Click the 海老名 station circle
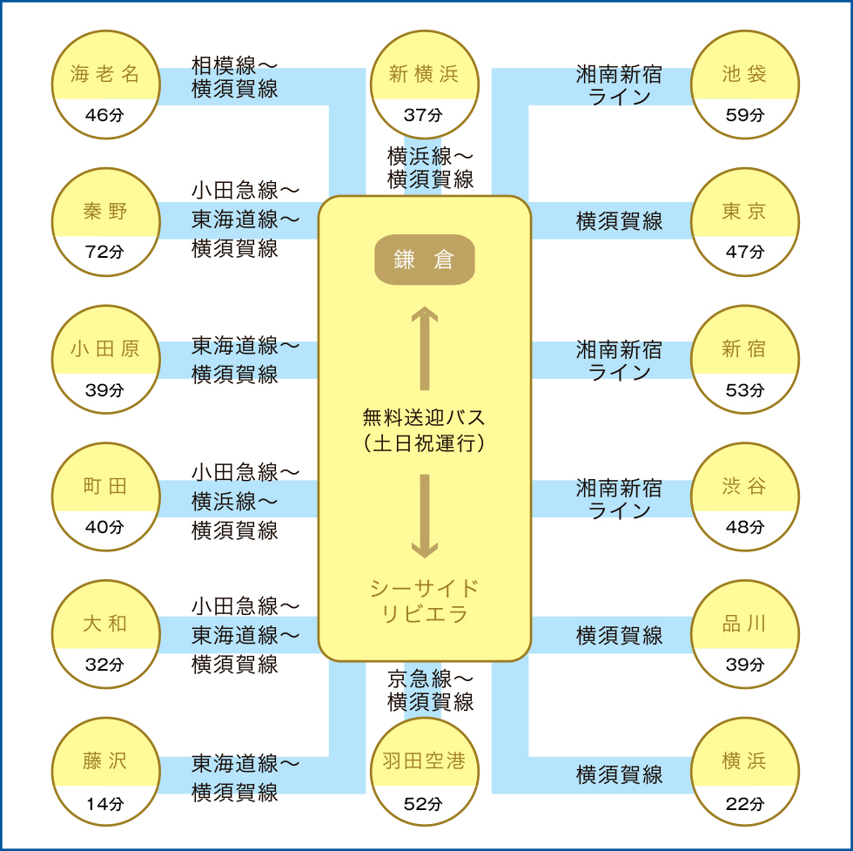click(106, 84)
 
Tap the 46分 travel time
click(104, 115)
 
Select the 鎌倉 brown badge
click(425, 260)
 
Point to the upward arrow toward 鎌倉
click(425, 348)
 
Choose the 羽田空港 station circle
click(425, 772)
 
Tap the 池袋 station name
click(744, 73)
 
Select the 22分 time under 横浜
click(745, 804)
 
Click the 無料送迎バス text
click(424, 417)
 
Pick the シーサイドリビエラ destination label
click(425, 601)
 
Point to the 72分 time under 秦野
click(104, 252)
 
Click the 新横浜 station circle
click(425, 84)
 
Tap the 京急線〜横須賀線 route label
click(430, 691)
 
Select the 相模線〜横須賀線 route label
click(234, 78)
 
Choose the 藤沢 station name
click(105, 760)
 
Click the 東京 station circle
click(745, 221)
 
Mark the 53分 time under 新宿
click(745, 390)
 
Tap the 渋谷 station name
click(744, 486)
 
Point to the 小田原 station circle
click(106, 360)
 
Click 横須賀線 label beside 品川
click(619, 635)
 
